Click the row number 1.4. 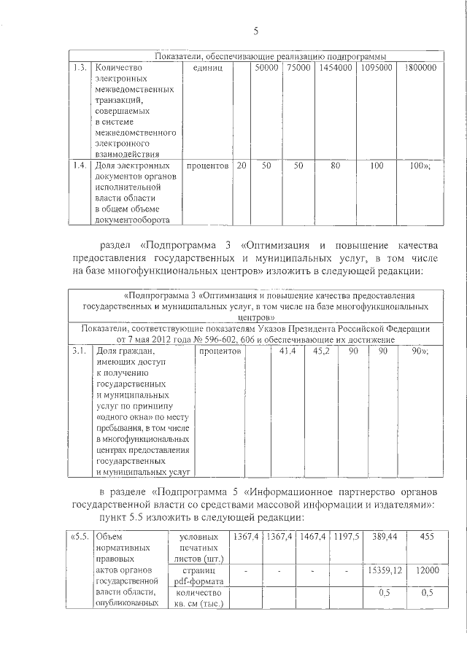pyautogui.click(x=80, y=166)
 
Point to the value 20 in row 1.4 pyautogui.click(x=241, y=166)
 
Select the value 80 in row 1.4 pyautogui.click(x=335, y=166)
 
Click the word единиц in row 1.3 pyautogui.click(x=207, y=68)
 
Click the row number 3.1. pyautogui.click(x=80, y=352)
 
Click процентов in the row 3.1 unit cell pyautogui.click(x=220, y=352)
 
